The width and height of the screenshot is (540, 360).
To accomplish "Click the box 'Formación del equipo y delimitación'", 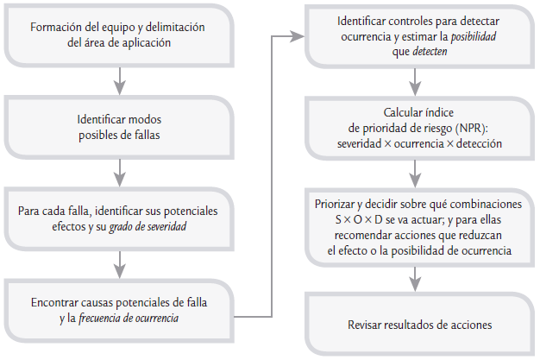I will point(118,35).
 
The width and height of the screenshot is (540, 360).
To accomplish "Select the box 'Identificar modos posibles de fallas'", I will point(118,125).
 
